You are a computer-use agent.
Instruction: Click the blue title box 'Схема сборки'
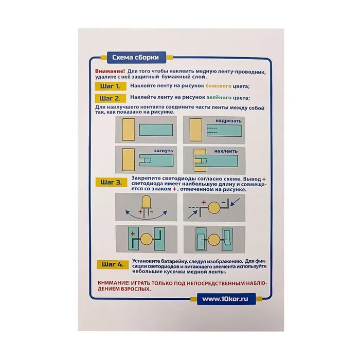click(136, 58)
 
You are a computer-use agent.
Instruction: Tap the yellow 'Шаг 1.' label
click(111, 86)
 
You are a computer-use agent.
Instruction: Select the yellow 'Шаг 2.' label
click(110, 98)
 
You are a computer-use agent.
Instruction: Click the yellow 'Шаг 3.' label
click(112, 182)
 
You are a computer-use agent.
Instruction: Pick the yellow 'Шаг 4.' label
click(113, 264)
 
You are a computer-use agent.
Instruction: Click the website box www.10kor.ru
click(226, 299)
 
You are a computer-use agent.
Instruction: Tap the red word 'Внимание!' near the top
click(110, 71)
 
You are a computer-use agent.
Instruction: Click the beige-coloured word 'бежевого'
click(219, 86)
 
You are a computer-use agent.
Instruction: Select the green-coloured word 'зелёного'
click(219, 97)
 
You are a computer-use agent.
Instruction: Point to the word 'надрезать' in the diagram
click(228, 121)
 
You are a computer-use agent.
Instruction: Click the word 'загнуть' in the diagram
click(164, 151)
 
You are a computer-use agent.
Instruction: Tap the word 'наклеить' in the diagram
click(226, 151)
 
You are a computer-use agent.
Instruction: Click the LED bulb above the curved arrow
click(146, 202)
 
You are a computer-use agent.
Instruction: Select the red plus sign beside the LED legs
click(140, 212)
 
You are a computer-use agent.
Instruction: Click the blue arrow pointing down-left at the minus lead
click(235, 202)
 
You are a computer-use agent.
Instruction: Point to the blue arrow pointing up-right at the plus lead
click(193, 214)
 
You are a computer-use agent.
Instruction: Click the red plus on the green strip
click(133, 233)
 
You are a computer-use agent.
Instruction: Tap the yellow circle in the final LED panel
click(214, 240)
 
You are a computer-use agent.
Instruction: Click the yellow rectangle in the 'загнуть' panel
click(129, 159)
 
